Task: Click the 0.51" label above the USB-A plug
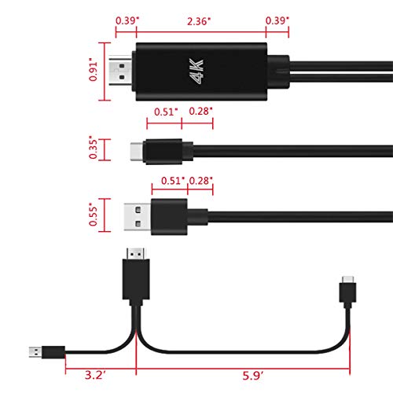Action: [x=170, y=181]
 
